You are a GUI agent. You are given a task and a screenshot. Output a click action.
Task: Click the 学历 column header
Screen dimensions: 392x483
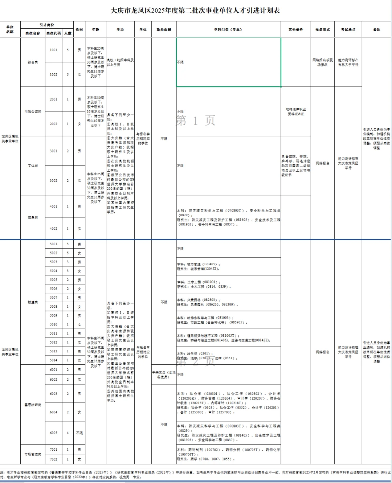120,29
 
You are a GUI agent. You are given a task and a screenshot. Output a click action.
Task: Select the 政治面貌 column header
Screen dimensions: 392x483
164,29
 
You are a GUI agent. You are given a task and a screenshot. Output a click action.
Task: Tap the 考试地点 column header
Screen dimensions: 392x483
348,29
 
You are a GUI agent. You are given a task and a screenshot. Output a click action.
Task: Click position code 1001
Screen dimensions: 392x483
54,50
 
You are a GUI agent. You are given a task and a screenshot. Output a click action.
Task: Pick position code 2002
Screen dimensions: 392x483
54,124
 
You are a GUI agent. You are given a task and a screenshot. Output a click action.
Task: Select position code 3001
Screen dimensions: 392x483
54,151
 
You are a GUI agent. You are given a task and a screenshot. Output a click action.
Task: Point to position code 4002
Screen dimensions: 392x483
54,229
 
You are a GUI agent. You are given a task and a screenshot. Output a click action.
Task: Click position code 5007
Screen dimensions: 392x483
54,298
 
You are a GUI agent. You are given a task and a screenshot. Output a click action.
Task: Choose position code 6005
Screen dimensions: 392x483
54,433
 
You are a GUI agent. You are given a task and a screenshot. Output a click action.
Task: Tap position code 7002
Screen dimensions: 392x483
54,459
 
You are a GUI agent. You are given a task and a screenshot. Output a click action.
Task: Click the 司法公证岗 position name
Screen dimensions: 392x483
33,111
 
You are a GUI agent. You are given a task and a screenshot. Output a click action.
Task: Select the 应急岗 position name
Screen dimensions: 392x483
33,218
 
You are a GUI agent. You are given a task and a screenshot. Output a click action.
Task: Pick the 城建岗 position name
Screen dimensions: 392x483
33,302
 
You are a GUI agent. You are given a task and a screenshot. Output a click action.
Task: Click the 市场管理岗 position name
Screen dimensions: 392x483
33,454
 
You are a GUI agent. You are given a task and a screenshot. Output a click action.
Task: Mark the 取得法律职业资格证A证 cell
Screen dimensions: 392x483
296,111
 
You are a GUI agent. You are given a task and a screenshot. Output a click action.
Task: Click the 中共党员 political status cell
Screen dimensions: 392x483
164,374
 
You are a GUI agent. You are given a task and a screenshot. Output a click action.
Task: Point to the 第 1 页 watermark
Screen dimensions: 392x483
196,120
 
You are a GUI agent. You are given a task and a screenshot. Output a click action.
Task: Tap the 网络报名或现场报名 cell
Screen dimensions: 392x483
322,62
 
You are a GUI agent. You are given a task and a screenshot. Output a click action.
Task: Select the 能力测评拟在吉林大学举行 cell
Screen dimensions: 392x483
348,62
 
